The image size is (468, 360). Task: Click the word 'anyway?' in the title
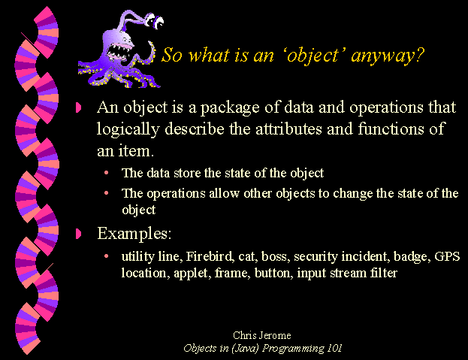point(387,56)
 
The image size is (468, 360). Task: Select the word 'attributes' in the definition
point(288,129)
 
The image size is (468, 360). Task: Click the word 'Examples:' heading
point(134,234)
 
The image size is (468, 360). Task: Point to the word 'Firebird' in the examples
point(210,256)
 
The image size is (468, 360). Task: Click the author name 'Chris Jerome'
point(262,335)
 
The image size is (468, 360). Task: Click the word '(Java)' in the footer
point(245,349)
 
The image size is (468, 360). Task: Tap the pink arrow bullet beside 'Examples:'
point(78,234)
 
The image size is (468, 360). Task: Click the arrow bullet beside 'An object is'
point(78,107)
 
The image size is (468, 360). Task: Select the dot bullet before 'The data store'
point(106,173)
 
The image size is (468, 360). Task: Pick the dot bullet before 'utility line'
point(106,256)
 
